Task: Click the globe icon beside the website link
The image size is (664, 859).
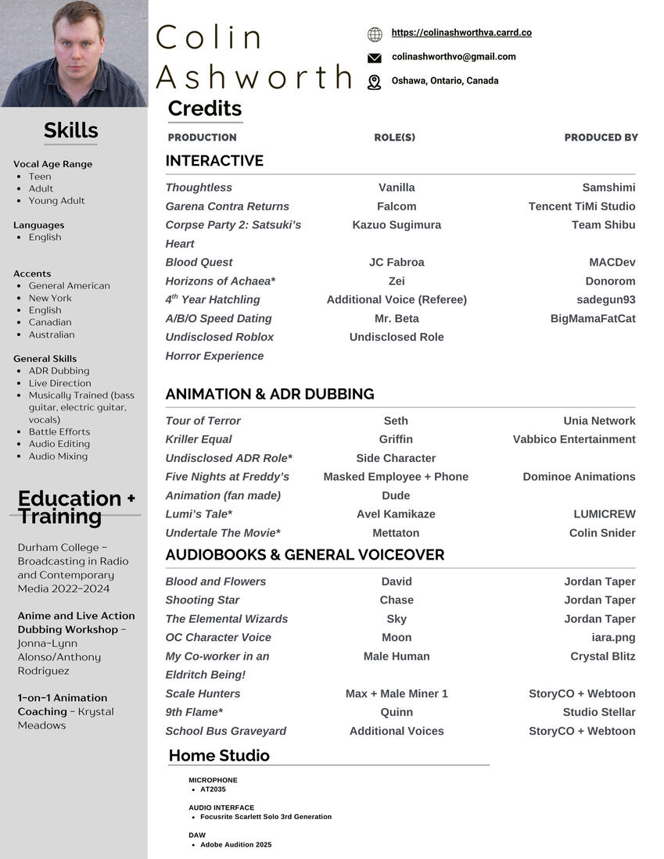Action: [375, 34]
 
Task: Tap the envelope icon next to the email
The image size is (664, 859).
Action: [375, 58]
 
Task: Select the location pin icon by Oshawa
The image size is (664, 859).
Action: [375, 82]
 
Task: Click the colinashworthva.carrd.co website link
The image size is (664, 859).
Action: [461, 33]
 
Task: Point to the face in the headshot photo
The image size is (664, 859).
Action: [79, 43]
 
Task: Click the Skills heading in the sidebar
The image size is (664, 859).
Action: [70, 131]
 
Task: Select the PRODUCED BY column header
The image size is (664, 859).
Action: [601, 138]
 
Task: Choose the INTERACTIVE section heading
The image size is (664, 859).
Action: [214, 161]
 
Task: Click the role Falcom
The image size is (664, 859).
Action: [397, 206]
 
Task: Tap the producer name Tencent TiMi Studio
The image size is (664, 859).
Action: [582, 206]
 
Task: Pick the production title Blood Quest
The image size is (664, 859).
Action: [199, 263]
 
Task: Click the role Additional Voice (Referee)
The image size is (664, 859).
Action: [397, 300]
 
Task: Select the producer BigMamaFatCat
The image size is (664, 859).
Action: [593, 319]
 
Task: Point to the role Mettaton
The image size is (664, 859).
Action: [396, 533]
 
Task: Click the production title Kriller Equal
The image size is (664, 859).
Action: [199, 439]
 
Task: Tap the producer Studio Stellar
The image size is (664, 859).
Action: [599, 712]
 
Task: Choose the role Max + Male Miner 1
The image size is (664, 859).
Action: [397, 693]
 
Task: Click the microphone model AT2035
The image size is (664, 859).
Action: [213, 789]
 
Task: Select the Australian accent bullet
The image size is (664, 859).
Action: [52, 335]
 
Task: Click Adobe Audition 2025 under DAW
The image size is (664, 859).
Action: [235, 845]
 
